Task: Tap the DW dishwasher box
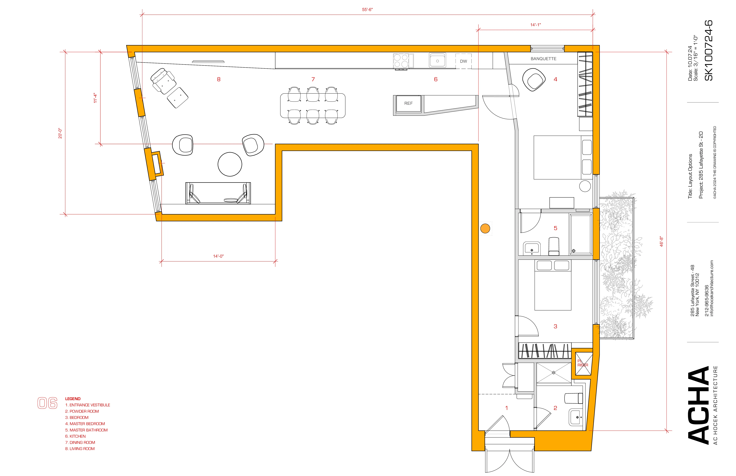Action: tap(463, 61)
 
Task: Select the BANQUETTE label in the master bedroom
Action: tap(543, 59)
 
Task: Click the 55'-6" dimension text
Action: tap(367, 10)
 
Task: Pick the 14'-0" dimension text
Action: tap(218, 256)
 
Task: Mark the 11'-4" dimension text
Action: tap(95, 98)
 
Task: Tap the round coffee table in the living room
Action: tap(230, 164)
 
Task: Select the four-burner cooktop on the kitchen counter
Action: tap(401, 61)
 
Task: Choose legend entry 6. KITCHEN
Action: tap(75, 436)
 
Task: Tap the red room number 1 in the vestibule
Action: tap(507, 408)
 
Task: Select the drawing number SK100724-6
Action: tap(708, 50)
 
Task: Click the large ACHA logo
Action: tap(698, 405)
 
